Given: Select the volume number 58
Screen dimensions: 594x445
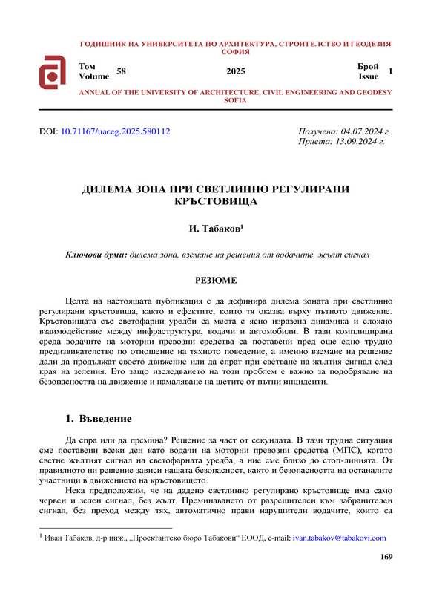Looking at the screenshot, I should point(122,71).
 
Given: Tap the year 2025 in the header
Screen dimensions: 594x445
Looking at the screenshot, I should point(235,72).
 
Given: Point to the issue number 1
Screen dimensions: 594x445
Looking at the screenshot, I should point(391,71).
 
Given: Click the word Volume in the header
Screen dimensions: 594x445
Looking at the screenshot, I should point(93,76).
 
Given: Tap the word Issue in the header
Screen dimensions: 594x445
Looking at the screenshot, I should point(368,76).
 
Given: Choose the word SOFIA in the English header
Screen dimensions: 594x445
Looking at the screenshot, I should point(235,99).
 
